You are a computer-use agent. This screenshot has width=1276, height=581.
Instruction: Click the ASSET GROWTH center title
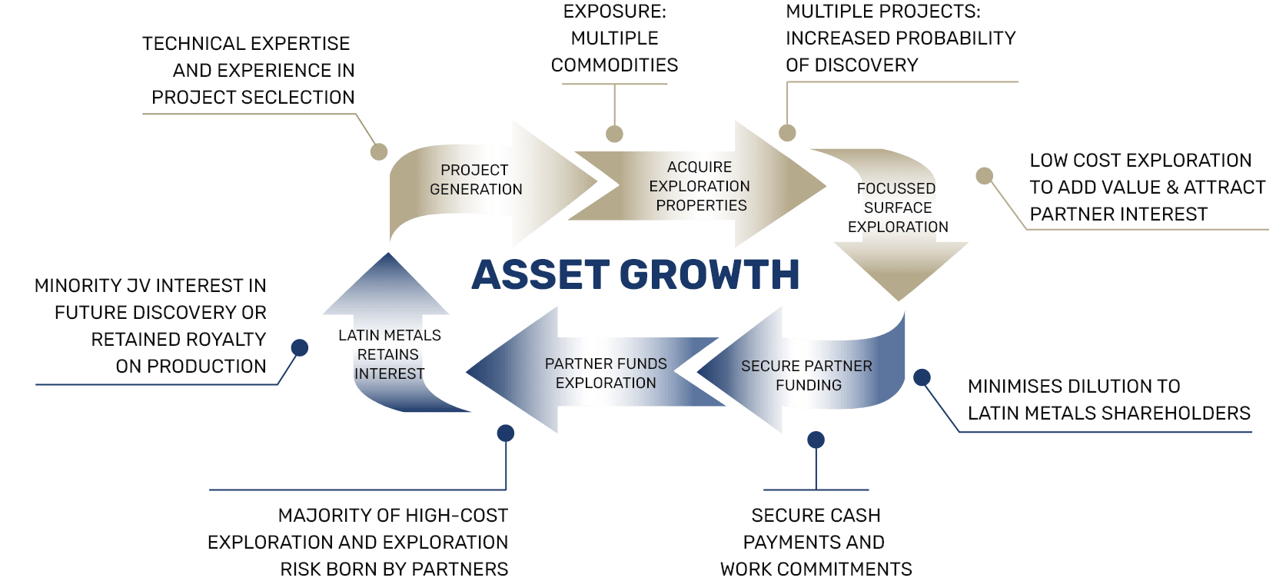(636, 275)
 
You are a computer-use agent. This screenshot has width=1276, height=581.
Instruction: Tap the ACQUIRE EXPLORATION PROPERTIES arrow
(699, 186)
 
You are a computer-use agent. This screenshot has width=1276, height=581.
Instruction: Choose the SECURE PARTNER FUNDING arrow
(807, 375)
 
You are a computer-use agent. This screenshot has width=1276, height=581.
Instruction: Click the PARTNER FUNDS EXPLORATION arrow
(606, 373)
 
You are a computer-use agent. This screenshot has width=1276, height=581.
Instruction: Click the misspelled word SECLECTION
(295, 98)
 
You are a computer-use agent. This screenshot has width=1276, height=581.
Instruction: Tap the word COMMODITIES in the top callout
(615, 65)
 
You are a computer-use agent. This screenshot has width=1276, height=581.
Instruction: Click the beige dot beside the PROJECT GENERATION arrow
(379, 151)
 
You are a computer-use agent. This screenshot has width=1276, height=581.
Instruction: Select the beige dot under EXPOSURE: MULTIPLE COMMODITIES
(614, 134)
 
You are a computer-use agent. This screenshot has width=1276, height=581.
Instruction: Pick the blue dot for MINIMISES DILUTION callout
(922, 377)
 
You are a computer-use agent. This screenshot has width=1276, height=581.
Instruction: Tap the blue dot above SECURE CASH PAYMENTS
(816, 440)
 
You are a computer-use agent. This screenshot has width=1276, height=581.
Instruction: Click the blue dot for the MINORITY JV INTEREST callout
(300, 348)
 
